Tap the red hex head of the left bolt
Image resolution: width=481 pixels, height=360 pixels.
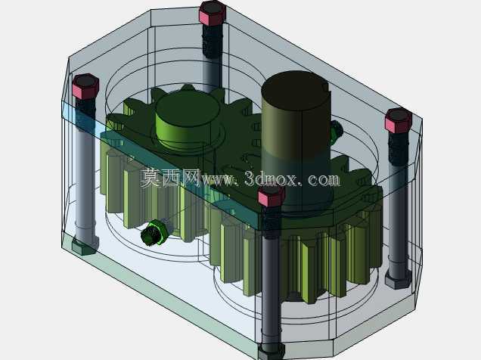coord(85,86)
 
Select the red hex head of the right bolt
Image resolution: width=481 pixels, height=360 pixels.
coord(399,120)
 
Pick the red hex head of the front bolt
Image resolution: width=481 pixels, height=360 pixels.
coord(272,196)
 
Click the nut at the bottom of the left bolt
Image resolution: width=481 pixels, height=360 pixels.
coord(85,245)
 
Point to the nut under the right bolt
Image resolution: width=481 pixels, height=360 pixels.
coord(398,279)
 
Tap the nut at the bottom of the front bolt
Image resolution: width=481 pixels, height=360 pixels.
coord(272,351)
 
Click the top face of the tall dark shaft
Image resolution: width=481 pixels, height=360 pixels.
coord(296,90)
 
